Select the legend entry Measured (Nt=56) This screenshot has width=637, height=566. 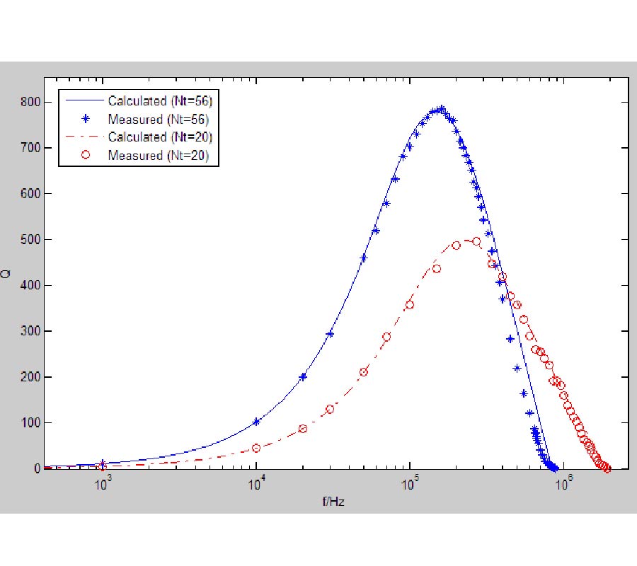(x=158, y=119)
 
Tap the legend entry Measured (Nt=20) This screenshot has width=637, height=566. (x=158, y=155)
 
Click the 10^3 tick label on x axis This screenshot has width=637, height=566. (x=103, y=485)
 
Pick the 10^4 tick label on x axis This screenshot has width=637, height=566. (x=257, y=485)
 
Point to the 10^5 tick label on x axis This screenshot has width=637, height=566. (x=411, y=485)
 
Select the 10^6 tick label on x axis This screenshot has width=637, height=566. (x=564, y=485)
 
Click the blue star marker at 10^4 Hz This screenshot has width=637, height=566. (x=256, y=422)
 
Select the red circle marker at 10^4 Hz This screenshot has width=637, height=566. (x=256, y=448)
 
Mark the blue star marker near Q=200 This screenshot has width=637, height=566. (x=303, y=377)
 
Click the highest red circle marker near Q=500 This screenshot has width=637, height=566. (x=476, y=241)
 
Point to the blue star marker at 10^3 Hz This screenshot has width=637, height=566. (x=103, y=463)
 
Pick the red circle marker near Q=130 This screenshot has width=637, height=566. (x=330, y=409)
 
